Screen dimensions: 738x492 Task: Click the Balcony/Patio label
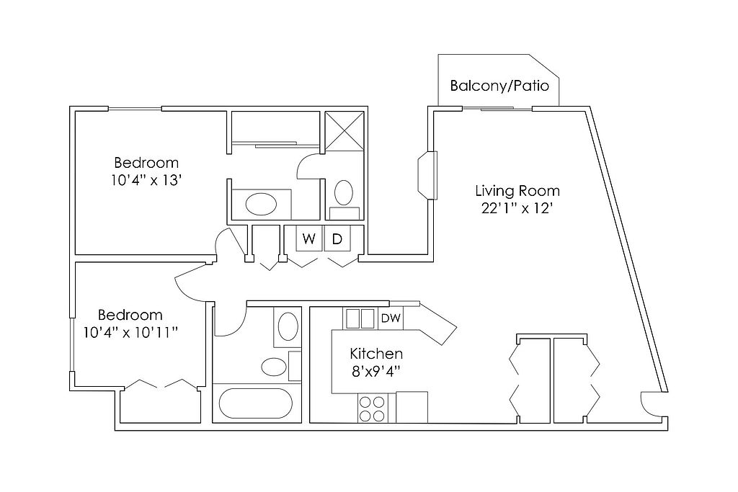pyautogui.click(x=499, y=86)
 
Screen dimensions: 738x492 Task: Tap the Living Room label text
pyautogui.click(x=517, y=191)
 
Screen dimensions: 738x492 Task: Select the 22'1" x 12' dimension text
pyautogui.click(x=516, y=208)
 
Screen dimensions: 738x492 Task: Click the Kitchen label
pyautogui.click(x=376, y=354)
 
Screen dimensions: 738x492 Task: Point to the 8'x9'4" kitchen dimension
pyautogui.click(x=376, y=372)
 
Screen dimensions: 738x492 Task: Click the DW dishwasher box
pyautogui.click(x=391, y=318)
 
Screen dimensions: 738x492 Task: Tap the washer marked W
pyautogui.click(x=308, y=239)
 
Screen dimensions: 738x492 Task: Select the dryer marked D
pyautogui.click(x=337, y=239)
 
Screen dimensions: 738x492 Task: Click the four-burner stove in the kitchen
pyautogui.click(x=372, y=408)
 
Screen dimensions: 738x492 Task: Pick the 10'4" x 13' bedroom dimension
pyautogui.click(x=146, y=180)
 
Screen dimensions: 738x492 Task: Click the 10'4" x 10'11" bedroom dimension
pyautogui.click(x=130, y=333)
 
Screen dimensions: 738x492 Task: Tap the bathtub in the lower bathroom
pyautogui.click(x=256, y=403)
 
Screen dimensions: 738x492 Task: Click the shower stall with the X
pyautogui.click(x=344, y=131)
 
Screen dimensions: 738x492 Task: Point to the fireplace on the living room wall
pyautogui.click(x=428, y=174)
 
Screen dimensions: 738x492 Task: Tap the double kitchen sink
pyautogui.click(x=360, y=318)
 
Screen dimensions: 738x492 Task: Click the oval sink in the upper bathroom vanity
pyautogui.click(x=261, y=204)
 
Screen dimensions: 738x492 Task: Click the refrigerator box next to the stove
pyautogui.click(x=412, y=407)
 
